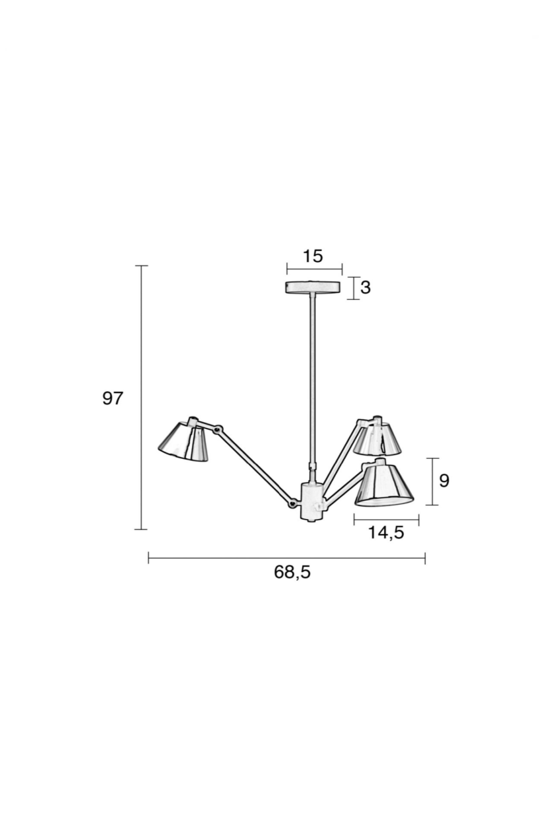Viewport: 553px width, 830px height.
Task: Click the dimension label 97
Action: [x=112, y=398]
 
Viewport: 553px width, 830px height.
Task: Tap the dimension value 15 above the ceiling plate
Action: [x=313, y=256]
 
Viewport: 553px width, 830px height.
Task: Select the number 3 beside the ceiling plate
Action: [x=366, y=287]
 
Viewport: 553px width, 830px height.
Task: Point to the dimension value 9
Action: [x=444, y=481]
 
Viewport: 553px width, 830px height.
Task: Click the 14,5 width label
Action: [x=385, y=532]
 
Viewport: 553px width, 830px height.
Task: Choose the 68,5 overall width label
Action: [x=292, y=572]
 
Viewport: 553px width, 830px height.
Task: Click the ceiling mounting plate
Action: [x=313, y=287]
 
